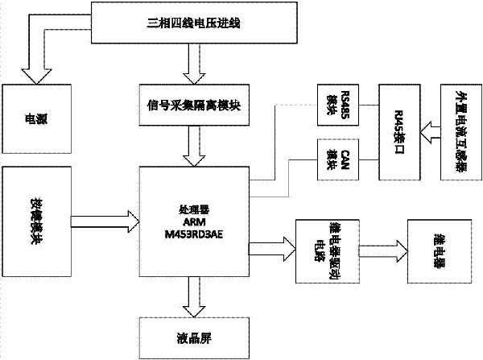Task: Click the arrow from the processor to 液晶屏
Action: click(x=191, y=297)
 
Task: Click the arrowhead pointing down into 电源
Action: click(x=33, y=74)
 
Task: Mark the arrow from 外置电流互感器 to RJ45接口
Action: click(x=427, y=127)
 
